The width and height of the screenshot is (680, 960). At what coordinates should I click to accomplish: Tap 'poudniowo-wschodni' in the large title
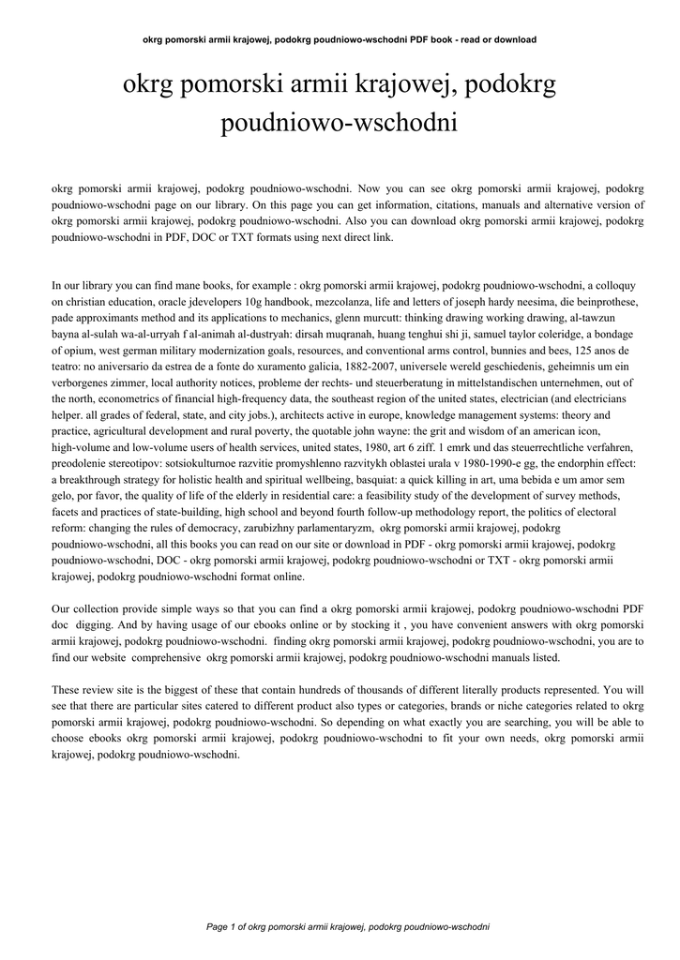click(339, 123)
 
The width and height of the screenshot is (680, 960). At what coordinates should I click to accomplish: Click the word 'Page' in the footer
click(217, 927)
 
